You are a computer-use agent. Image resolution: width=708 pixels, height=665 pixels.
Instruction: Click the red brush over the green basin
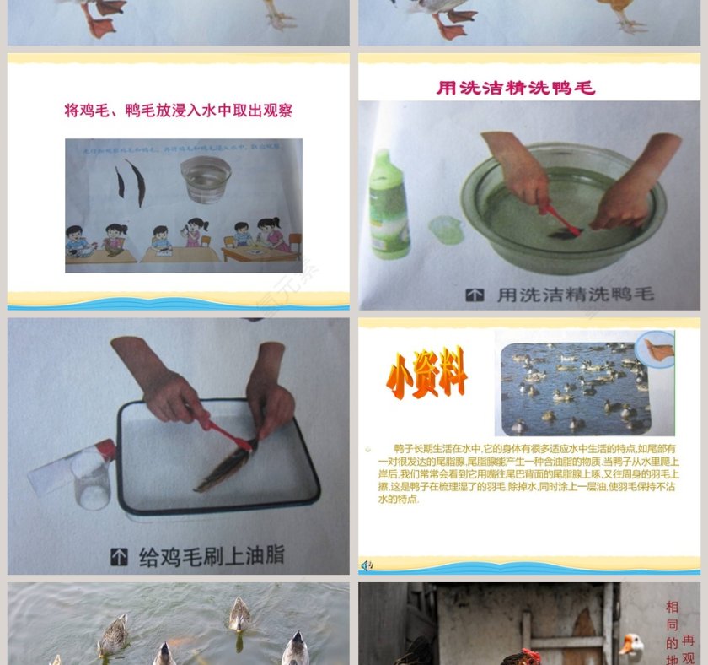coord(560,219)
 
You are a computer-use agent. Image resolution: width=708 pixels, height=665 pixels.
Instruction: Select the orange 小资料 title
coord(426,373)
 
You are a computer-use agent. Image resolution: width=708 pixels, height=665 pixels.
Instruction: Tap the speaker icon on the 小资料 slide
coord(367,565)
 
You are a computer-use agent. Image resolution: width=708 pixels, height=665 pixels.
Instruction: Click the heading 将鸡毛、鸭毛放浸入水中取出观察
coord(179,111)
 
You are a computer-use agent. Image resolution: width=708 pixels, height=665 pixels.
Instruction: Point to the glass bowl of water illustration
coord(206,178)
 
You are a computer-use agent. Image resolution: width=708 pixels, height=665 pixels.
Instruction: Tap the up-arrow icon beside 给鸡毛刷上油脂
coord(119,556)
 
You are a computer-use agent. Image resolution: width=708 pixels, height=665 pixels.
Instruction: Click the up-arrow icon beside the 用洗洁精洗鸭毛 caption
coord(475,295)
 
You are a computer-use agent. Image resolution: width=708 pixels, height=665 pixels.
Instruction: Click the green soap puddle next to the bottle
coord(444,228)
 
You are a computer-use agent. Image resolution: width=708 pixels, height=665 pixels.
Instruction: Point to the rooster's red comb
coord(529,655)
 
